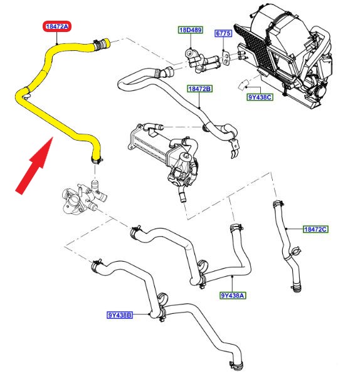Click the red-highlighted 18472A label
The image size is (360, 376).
[57, 26]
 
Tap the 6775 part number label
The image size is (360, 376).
[223, 33]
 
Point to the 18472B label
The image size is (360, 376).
[199, 90]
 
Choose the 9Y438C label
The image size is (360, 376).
[260, 97]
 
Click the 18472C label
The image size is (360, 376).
[315, 230]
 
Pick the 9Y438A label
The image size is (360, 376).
[233, 296]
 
